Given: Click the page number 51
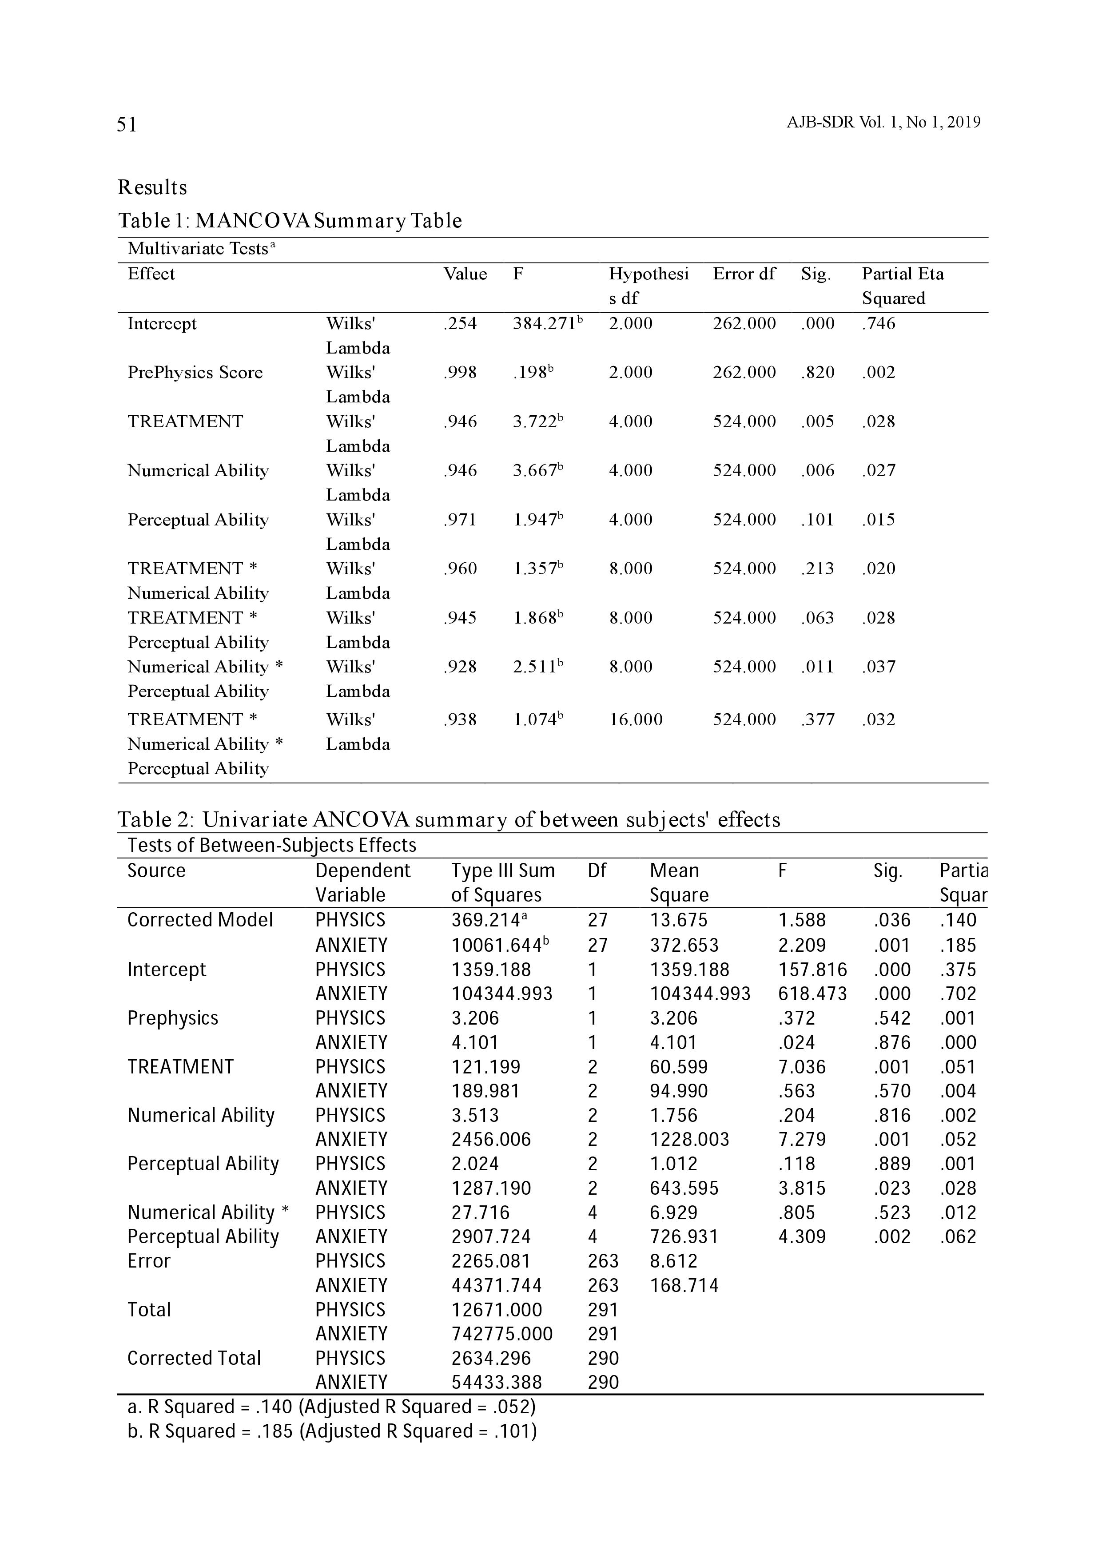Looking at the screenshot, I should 127,124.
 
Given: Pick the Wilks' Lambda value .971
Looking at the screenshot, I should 460,520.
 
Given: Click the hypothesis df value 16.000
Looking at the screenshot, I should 635,719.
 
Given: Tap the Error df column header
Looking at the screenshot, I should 744,274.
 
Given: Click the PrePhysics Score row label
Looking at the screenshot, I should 195,373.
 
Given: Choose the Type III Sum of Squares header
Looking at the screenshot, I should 503,883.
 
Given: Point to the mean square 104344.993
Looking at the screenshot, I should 700,994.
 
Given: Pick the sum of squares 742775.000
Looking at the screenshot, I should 502,1334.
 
